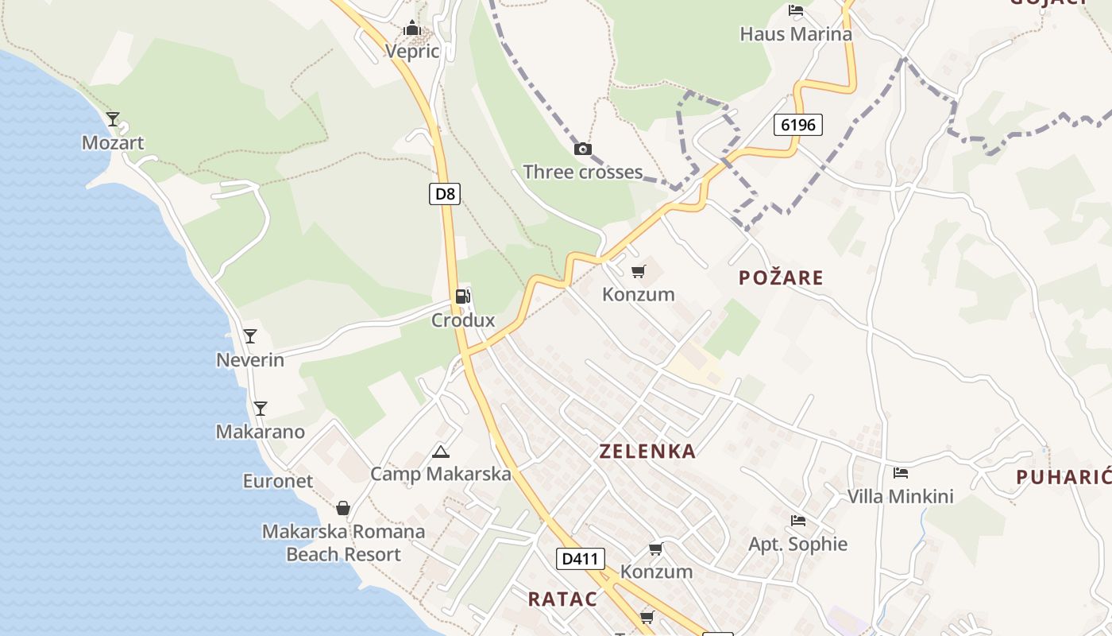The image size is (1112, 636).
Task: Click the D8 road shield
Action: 445,193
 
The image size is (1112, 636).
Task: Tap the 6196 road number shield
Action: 797,124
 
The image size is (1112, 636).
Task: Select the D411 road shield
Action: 579,558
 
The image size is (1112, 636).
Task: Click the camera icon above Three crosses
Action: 582,149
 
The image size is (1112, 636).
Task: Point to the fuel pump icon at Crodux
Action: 462,297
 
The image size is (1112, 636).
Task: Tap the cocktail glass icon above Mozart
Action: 113,119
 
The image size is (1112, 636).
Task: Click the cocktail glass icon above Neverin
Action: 250,336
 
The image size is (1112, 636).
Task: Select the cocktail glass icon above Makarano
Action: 260,409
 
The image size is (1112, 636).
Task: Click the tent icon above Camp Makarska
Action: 440,452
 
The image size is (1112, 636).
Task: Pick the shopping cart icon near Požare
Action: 638,272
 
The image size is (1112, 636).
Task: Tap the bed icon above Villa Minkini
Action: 900,473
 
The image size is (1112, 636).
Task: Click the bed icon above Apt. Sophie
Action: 798,521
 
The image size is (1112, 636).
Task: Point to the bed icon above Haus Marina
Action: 795,10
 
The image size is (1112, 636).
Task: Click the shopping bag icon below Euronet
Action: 343,507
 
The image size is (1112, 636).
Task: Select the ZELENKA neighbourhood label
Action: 647,452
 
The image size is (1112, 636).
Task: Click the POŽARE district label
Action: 781,277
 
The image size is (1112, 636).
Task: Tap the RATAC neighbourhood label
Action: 562,599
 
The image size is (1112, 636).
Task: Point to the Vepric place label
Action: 412,52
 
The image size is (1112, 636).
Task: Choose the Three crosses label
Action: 582,172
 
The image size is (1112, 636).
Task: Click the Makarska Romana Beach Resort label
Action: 343,542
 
